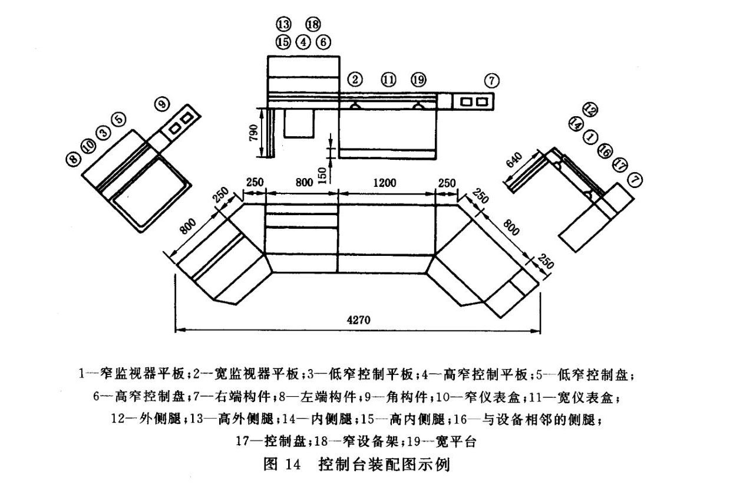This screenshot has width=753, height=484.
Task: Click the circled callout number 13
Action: (x=283, y=24)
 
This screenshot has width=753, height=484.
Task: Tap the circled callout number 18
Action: (x=313, y=24)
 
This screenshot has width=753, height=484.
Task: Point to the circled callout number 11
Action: (x=388, y=80)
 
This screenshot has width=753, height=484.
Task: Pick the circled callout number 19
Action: (x=418, y=80)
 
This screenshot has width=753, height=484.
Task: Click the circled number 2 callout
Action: (x=355, y=80)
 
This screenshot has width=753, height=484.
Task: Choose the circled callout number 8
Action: (x=74, y=159)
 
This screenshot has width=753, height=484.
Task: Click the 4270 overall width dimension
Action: (x=357, y=318)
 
